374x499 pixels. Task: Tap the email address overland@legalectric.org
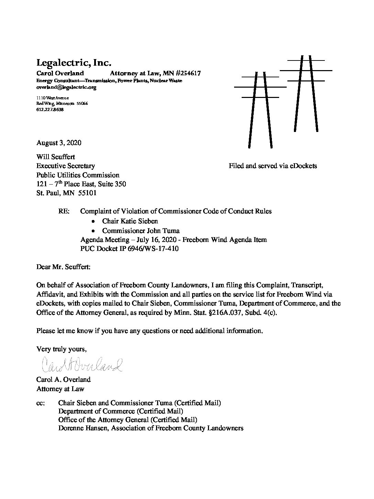point(66,87)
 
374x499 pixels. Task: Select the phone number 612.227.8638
point(50,110)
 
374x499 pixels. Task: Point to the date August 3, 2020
point(59,143)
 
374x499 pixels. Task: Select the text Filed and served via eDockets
point(273,166)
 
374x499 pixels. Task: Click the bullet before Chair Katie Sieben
point(93,221)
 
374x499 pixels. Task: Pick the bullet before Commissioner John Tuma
point(93,231)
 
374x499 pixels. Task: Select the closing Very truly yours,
point(62,349)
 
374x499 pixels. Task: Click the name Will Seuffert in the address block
point(56,157)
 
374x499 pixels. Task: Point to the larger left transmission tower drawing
point(260,110)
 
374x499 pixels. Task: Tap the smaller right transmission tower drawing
point(306,93)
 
